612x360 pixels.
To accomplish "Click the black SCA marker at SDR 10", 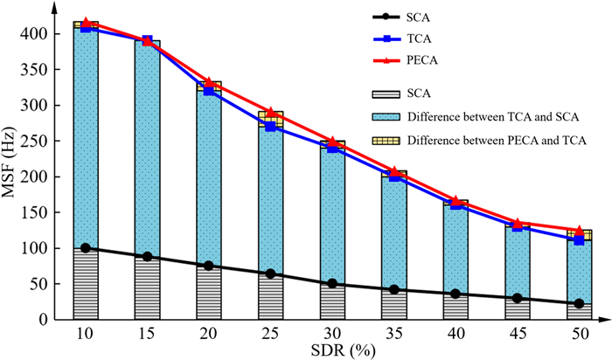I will pyautogui.click(x=86, y=248).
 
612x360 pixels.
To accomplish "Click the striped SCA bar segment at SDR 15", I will pyautogui.click(x=146, y=288).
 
